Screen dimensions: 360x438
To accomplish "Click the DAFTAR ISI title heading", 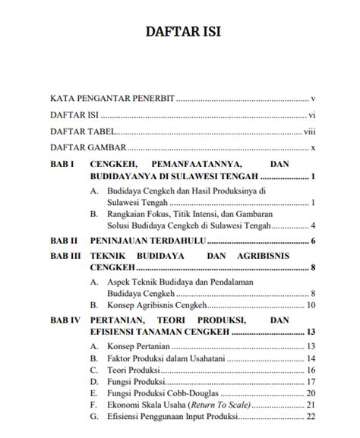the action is [180, 33].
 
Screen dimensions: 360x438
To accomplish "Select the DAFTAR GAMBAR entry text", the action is [87, 147].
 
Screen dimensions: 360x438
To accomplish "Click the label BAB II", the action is [63, 241].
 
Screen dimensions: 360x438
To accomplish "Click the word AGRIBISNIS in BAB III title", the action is [280, 257].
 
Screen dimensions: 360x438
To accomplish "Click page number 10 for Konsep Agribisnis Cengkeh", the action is [311, 305].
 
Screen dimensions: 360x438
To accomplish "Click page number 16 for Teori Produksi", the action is [311, 370].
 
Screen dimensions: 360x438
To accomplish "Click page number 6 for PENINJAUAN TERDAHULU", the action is [313, 241].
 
